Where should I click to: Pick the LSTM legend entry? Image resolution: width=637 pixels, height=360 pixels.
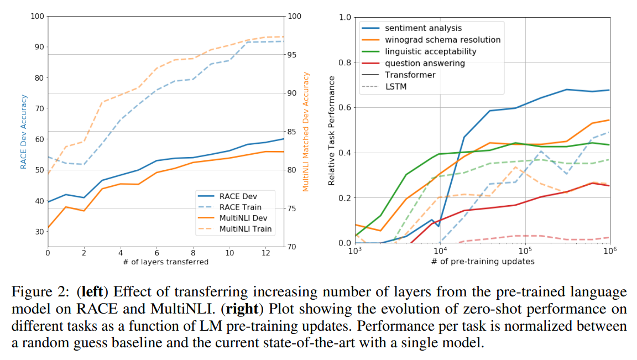pos(396,86)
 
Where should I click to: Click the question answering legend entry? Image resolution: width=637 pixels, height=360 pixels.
pos(425,63)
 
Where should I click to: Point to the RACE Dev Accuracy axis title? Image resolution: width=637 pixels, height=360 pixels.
pos(24,132)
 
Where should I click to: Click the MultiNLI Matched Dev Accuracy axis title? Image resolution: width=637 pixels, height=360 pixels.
pos(306,132)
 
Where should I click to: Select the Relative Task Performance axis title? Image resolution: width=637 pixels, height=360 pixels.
pos(332,131)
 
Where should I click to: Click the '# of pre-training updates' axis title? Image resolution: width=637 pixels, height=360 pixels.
pos(482,261)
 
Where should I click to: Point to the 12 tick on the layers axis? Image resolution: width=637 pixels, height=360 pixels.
pos(266,252)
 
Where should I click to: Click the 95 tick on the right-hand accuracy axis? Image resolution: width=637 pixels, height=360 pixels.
pos(294,55)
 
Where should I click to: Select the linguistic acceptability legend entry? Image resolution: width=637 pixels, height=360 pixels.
pos(431,51)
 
